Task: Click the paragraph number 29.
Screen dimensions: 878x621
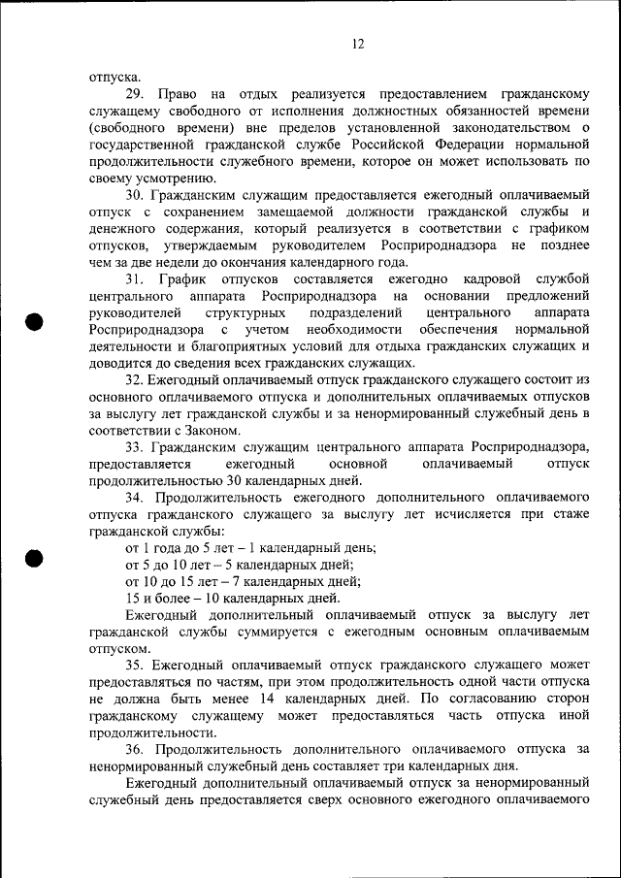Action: click(x=135, y=94)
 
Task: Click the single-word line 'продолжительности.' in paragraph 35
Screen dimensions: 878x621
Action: click(x=151, y=732)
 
